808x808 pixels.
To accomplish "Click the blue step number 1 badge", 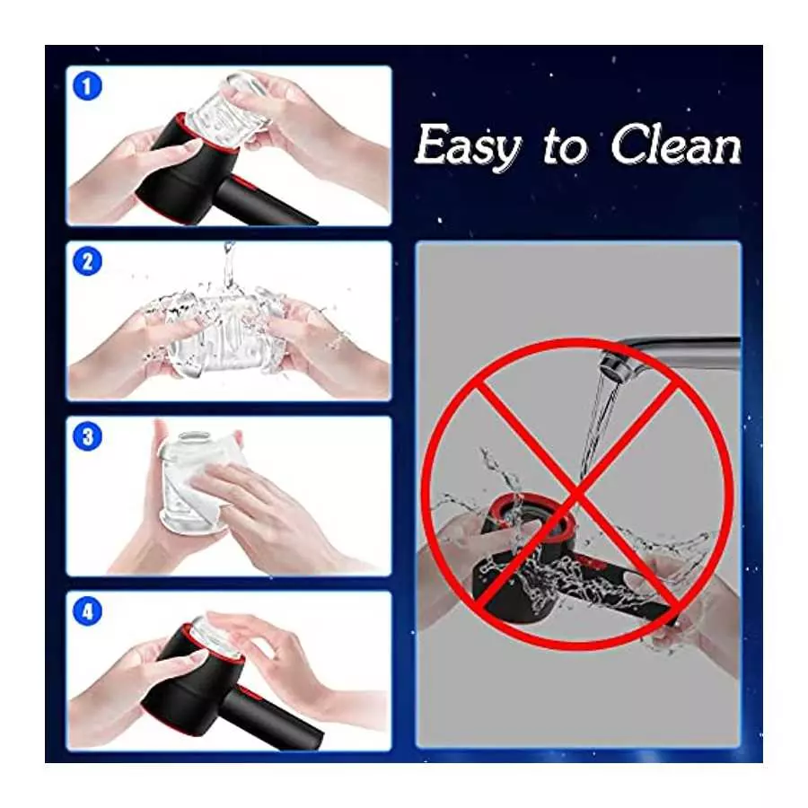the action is tap(87, 86).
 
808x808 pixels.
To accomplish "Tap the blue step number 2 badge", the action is tap(87, 261).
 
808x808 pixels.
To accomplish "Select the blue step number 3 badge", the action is tap(87, 436).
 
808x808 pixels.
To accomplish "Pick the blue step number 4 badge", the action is tap(87, 611).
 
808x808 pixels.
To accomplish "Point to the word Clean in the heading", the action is tap(676, 145).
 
